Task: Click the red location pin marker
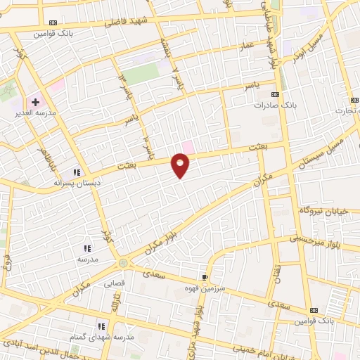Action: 181,165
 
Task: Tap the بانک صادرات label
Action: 280,104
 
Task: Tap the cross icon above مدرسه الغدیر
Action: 35,103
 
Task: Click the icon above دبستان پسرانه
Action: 77,172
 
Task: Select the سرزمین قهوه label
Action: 205,288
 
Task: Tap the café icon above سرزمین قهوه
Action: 205,277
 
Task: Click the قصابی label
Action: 114,284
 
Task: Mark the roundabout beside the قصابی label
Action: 124,263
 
